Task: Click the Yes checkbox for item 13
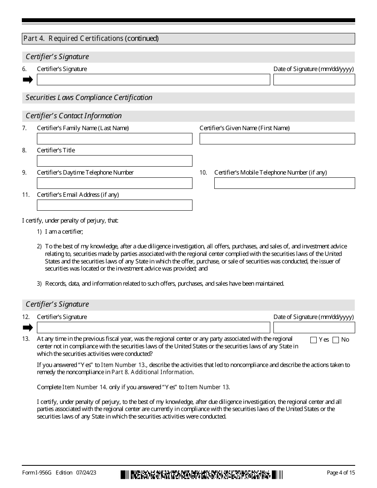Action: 313,340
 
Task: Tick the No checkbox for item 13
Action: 336,340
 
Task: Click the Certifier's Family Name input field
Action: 114,139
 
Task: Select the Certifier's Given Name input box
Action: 277,139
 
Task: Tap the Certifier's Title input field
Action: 114,161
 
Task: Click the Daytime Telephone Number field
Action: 114,183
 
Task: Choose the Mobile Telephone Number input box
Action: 285,183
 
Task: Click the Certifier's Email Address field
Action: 114,205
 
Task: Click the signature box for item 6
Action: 153,80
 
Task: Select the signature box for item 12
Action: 153,328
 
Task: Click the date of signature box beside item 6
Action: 314,80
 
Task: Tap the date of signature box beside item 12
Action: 314,328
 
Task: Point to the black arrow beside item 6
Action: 28,80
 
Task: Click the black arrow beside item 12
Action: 28,328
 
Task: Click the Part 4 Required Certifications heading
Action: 91,38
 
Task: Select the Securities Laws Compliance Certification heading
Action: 89,98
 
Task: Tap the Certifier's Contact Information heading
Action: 73,116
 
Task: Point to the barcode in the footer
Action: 202,475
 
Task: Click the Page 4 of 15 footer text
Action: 340,473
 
